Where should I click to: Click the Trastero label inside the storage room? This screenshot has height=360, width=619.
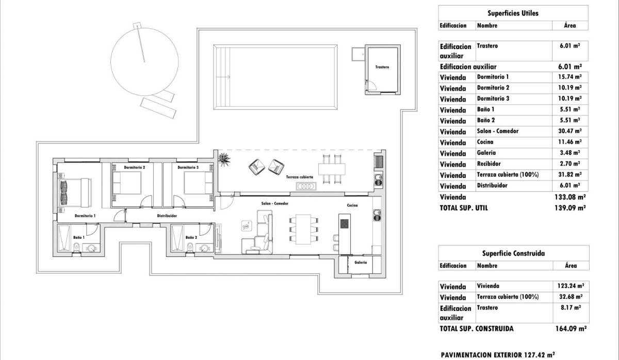click(x=382, y=67)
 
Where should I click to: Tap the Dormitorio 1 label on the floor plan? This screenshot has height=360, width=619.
click(x=85, y=216)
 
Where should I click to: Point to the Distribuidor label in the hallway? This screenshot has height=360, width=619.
click(x=167, y=216)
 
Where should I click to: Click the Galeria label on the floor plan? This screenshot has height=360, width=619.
click(x=361, y=263)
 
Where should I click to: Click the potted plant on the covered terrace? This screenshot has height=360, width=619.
click(x=225, y=159)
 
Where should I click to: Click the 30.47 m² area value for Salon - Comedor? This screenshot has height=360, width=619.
click(x=570, y=132)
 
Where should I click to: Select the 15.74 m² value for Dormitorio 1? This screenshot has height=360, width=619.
click(x=570, y=77)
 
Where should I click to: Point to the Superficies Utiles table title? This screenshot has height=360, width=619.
click(x=513, y=13)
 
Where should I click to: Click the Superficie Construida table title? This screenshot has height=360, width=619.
click(x=513, y=253)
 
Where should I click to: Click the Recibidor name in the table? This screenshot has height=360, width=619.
click(x=489, y=164)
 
